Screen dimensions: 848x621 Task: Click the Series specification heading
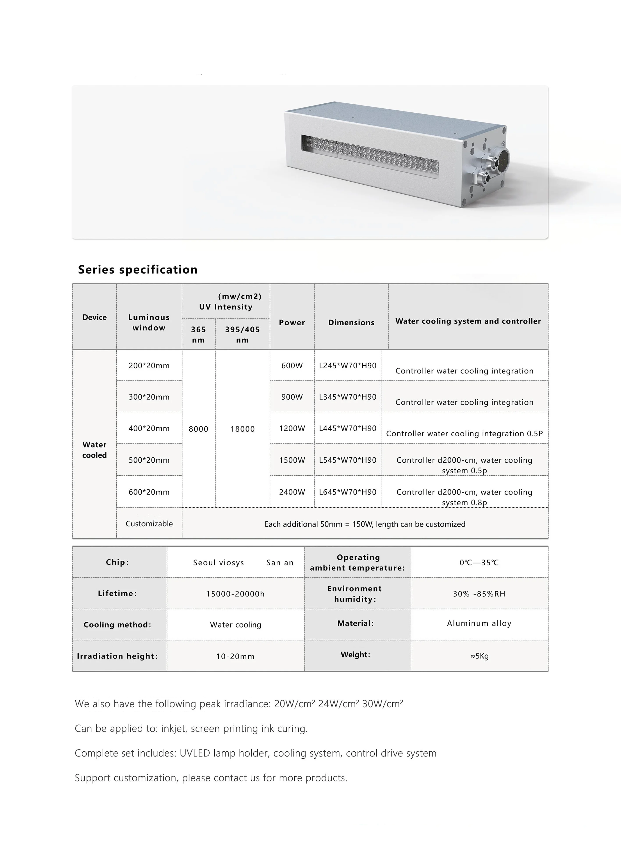138,269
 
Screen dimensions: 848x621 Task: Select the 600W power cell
292,366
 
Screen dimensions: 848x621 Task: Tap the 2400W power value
292,492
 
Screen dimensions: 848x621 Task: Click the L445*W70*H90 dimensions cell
347,428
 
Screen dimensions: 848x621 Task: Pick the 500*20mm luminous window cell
149,460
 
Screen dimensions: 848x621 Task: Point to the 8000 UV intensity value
198,429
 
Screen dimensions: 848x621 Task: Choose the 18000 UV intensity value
242,429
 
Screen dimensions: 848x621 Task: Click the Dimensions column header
351,322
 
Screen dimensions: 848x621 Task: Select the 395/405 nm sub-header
242,334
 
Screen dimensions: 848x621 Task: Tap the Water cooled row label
94,450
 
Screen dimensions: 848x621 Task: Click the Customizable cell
149,523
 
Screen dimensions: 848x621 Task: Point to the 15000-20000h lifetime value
235,594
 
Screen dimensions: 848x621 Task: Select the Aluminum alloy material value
479,623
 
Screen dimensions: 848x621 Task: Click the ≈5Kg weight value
479,656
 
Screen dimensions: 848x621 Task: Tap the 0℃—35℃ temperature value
479,563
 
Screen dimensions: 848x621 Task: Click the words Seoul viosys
218,563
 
